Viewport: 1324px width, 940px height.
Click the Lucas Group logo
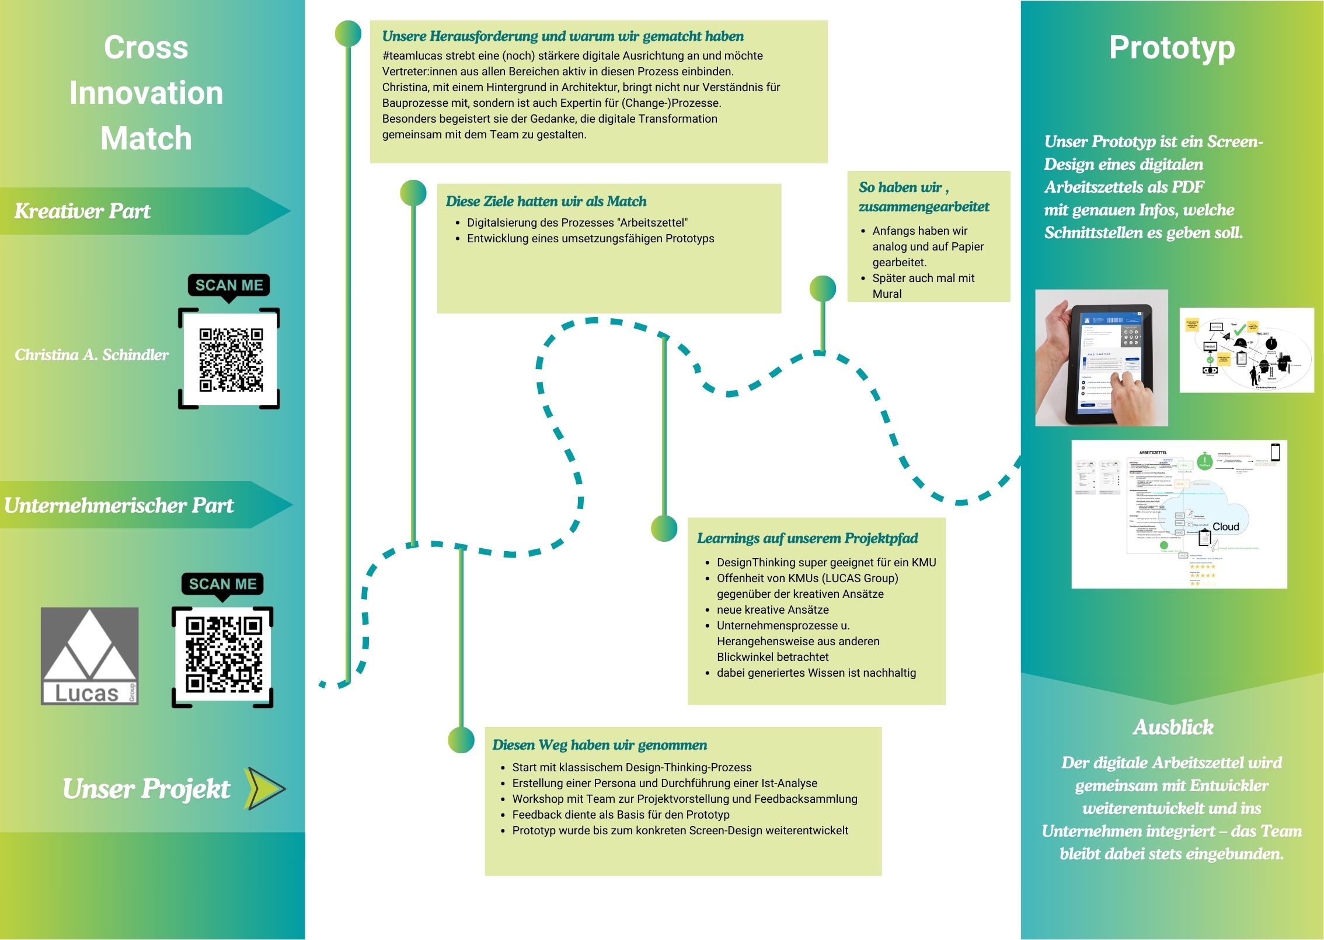click(89, 656)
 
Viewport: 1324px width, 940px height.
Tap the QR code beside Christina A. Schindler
click(231, 359)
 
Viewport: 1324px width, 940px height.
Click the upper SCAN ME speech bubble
click(229, 286)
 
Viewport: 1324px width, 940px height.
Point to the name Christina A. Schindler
click(92, 355)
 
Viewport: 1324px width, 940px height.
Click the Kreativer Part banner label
click(82, 211)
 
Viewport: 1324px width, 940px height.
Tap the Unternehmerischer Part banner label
click(119, 506)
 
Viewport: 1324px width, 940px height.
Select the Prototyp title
click(1172, 48)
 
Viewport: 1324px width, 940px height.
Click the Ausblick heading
click(1173, 727)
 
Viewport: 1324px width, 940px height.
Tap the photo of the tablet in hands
click(1101, 358)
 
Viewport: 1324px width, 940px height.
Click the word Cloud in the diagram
click(1225, 527)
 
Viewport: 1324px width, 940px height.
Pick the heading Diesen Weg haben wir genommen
click(600, 745)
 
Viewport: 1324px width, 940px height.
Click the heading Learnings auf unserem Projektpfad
click(807, 538)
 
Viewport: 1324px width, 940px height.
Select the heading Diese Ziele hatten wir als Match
click(546, 201)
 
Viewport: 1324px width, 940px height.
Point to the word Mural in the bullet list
click(887, 294)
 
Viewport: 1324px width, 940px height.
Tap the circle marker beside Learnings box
click(664, 528)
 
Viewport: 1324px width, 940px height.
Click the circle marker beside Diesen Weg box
click(461, 740)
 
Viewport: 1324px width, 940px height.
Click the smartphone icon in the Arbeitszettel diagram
click(1276, 452)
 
